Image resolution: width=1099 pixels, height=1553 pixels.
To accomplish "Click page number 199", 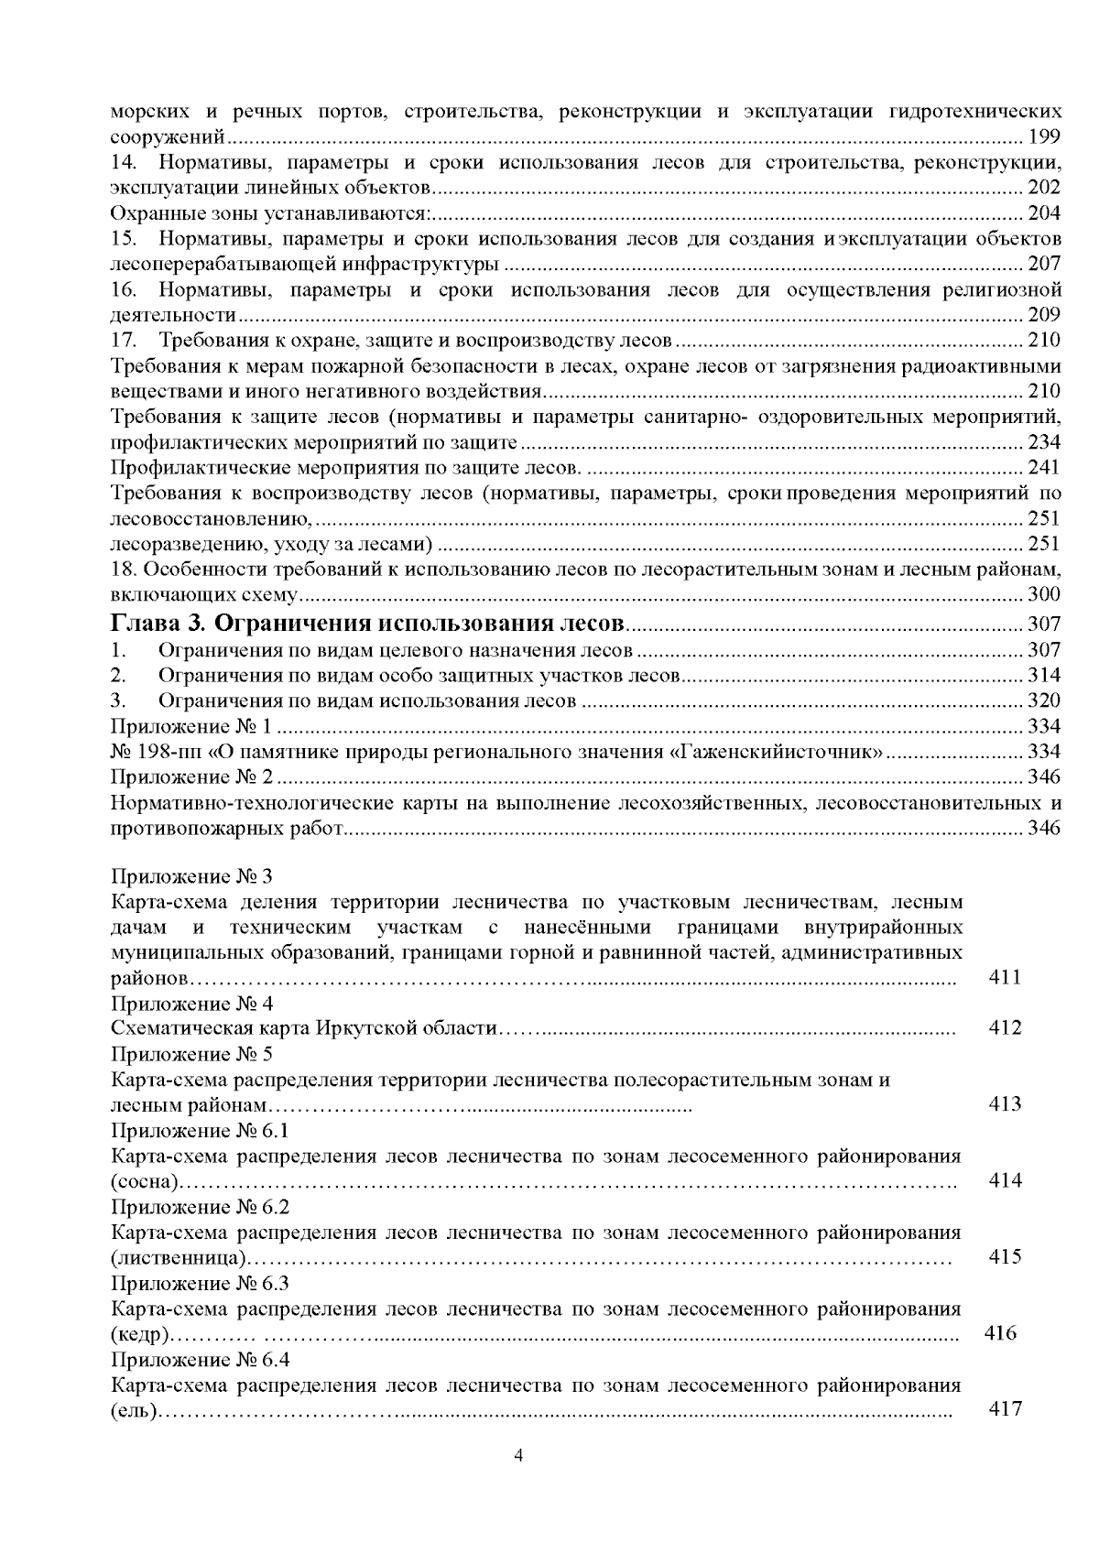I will pyautogui.click(x=1044, y=137).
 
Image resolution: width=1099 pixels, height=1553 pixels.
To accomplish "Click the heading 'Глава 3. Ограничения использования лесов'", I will pyautogui.click(x=367, y=624).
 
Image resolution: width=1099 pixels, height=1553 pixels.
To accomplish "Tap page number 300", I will pyautogui.click(x=1044, y=595).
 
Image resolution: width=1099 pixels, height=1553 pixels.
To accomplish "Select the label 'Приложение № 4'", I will pyautogui.click(x=191, y=1003).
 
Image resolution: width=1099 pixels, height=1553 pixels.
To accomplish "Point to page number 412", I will pyautogui.click(x=1005, y=1027).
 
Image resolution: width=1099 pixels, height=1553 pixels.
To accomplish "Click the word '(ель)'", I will pyautogui.click(x=134, y=1410).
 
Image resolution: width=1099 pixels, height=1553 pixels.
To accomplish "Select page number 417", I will pyautogui.click(x=1005, y=1409).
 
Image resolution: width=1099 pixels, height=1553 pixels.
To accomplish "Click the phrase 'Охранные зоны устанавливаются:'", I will pyautogui.click(x=271, y=214).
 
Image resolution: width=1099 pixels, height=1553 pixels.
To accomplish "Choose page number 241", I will pyautogui.click(x=1044, y=468).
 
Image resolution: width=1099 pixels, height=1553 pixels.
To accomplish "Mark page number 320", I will pyautogui.click(x=1044, y=701).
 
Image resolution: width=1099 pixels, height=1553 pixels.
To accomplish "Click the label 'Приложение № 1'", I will pyautogui.click(x=191, y=727).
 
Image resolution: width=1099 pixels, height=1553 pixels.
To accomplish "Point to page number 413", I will pyautogui.click(x=1005, y=1104).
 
